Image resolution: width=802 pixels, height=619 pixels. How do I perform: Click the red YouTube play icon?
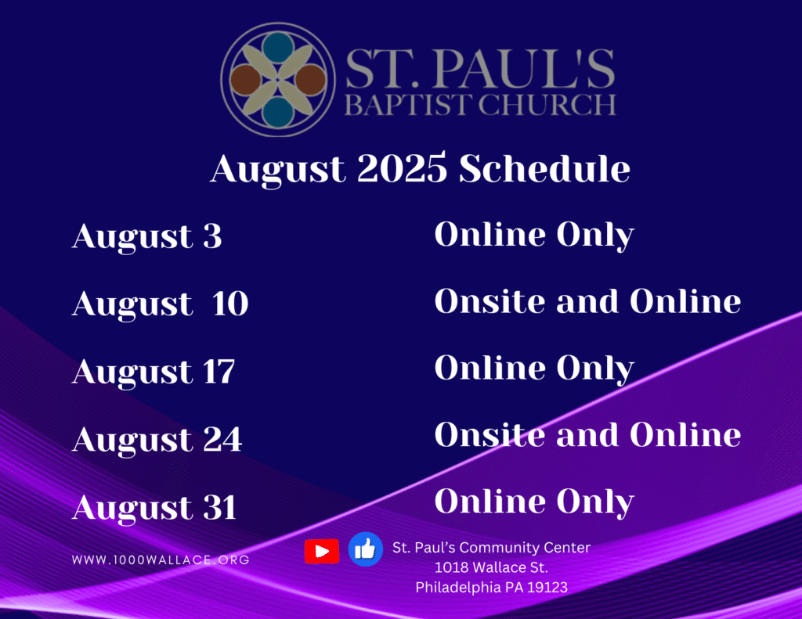(x=322, y=551)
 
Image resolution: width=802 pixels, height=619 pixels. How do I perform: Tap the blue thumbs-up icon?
(x=365, y=549)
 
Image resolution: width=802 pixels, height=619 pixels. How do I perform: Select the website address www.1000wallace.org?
(x=161, y=560)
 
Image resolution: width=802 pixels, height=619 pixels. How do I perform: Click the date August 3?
(x=146, y=237)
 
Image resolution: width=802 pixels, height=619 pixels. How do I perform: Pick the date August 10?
(x=160, y=304)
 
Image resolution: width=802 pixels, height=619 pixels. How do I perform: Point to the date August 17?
(x=154, y=372)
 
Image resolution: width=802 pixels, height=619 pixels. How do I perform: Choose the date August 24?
(x=157, y=440)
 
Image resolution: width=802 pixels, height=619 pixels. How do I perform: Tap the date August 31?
(x=154, y=508)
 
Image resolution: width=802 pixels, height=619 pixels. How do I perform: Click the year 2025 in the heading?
(x=402, y=167)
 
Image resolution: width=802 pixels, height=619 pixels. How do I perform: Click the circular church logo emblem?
(x=278, y=79)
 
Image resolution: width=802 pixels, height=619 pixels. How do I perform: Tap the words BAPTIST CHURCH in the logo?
(x=480, y=105)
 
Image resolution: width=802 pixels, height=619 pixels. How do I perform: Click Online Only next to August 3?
(x=534, y=236)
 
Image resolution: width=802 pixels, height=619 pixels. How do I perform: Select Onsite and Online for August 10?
(x=587, y=301)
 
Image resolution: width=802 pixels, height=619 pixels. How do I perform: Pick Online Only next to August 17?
(x=534, y=369)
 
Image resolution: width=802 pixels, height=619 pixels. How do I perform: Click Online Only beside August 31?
(x=534, y=502)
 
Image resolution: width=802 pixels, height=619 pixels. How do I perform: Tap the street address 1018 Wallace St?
(x=491, y=567)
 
